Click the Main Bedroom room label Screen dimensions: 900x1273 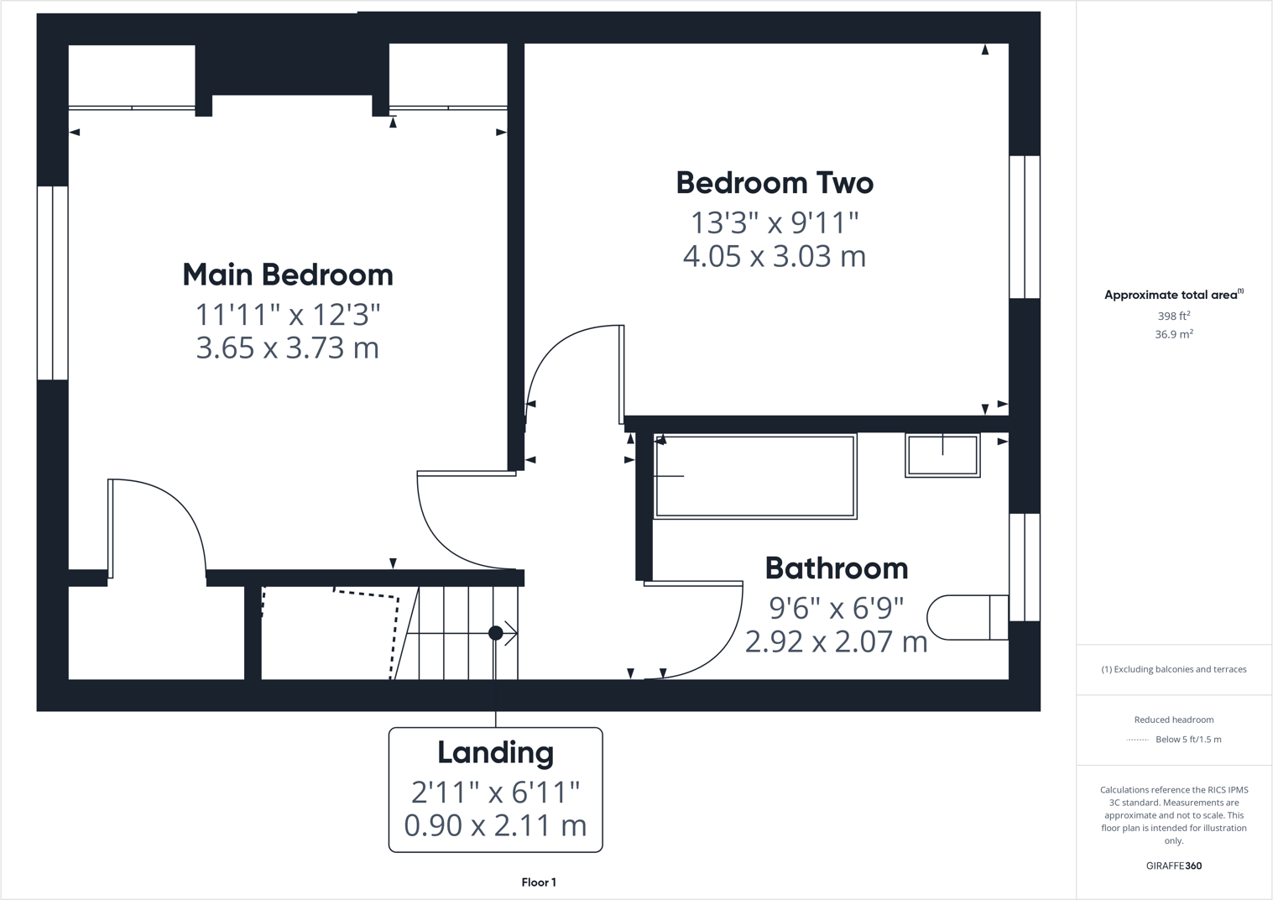pos(288,275)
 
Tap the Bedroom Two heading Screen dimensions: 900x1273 pos(775,183)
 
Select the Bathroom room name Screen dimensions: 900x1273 pos(837,568)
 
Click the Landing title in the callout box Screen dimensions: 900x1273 pos(495,752)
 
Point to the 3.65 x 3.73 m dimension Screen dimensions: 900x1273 pos(288,348)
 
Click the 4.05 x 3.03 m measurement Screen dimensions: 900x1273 pos(775,256)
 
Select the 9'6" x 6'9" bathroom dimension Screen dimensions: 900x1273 pos(837,607)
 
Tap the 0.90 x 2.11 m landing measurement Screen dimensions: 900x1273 pos(495,825)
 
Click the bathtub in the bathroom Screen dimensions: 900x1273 pos(755,476)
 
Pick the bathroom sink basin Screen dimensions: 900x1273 pos(942,456)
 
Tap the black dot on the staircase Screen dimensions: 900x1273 pos(496,633)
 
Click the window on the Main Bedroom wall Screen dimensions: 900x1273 pos(52,283)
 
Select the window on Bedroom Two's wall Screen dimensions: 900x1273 pos(1025,227)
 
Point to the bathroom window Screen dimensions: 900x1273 pos(1025,568)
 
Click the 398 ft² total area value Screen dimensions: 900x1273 pos(1174,316)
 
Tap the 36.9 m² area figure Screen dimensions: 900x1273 pos(1174,334)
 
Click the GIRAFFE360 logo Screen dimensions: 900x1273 pos(1174,866)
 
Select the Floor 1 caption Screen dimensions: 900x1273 pos(539,882)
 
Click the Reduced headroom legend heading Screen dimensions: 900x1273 pos(1174,719)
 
